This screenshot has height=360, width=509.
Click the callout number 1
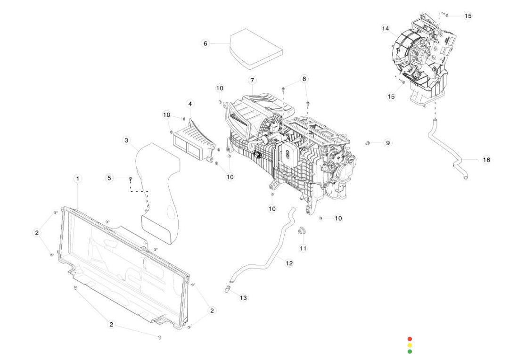tap(78, 179)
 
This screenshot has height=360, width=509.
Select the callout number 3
tap(126, 140)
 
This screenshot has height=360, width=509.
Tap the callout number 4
tap(189, 103)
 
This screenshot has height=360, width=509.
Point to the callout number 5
tap(109, 178)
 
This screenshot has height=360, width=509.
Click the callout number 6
tap(205, 43)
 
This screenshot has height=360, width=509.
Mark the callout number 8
tap(304, 78)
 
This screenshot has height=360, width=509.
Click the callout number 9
tap(387, 142)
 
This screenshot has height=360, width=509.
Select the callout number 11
tap(303, 248)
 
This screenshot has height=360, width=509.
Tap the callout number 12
tap(289, 263)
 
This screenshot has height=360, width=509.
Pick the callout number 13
tap(243, 298)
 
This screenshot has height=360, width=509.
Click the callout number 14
tap(386, 29)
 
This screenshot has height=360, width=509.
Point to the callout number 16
tap(486, 160)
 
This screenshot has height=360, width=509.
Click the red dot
tap(410, 339)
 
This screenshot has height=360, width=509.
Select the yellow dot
tap(410, 345)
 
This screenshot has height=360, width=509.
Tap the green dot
tap(410, 351)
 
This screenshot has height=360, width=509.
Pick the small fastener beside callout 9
tap(368, 142)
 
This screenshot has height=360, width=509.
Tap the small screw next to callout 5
tap(130, 179)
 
